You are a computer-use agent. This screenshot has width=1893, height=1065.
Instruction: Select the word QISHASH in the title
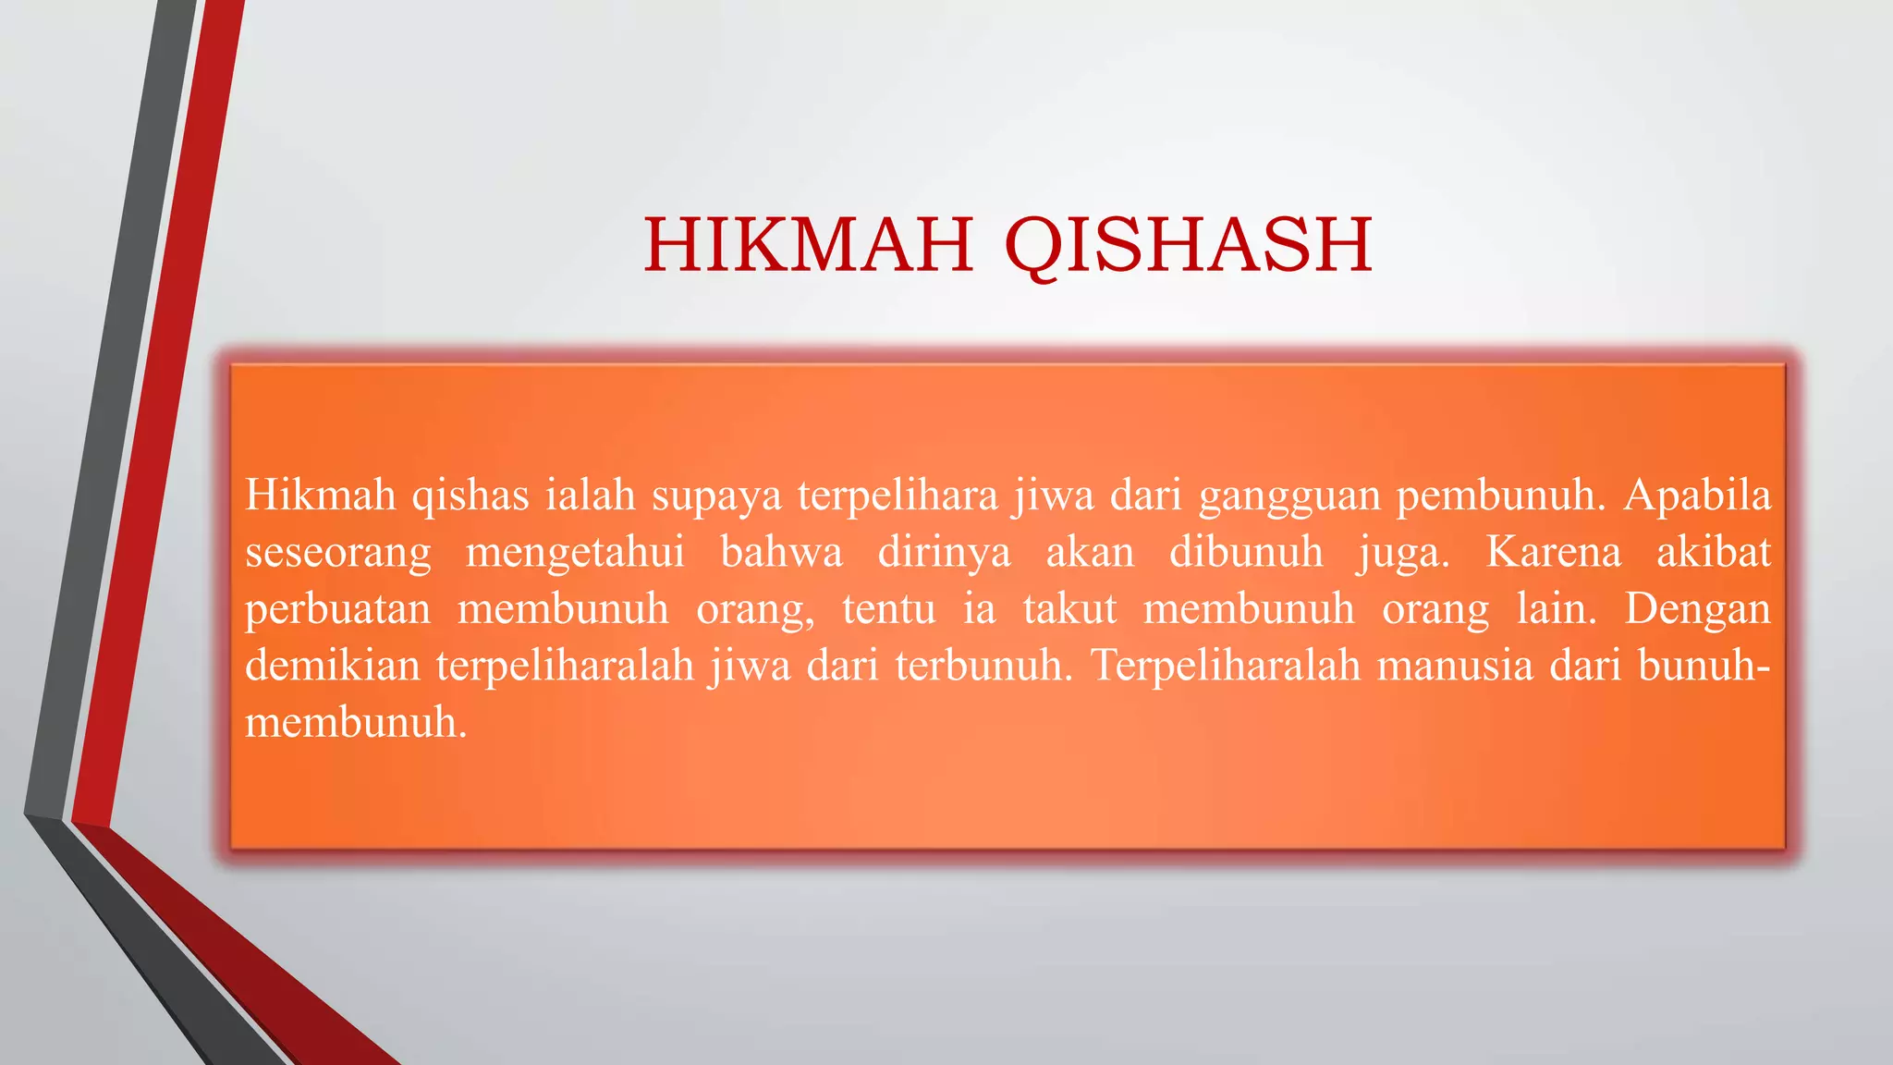pyautogui.click(x=1188, y=246)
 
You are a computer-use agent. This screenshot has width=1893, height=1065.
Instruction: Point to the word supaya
pyautogui.click(x=716, y=496)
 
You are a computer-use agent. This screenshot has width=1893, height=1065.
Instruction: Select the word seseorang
pyautogui.click(x=338, y=553)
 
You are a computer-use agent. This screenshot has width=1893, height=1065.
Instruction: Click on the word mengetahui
pyautogui.click(x=575, y=553)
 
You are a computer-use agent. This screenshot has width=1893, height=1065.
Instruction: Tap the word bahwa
pyautogui.click(x=781, y=552)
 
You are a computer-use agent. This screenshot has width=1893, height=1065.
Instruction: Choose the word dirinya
pyautogui.click(x=944, y=553)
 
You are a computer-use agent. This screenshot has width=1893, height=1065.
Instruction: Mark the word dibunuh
pyautogui.click(x=1246, y=552)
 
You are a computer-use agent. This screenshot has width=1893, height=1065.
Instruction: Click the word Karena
pyautogui.click(x=1554, y=552)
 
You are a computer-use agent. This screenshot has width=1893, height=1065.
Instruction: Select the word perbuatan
pyautogui.click(x=338, y=609)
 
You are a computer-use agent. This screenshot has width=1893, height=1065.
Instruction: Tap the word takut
pyautogui.click(x=1069, y=609)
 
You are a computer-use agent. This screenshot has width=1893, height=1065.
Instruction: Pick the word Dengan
pyautogui.click(x=1698, y=609)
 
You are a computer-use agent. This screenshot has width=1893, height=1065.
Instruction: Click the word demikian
pyautogui.click(x=333, y=665)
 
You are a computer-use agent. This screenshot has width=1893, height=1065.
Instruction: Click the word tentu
pyautogui.click(x=888, y=609)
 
